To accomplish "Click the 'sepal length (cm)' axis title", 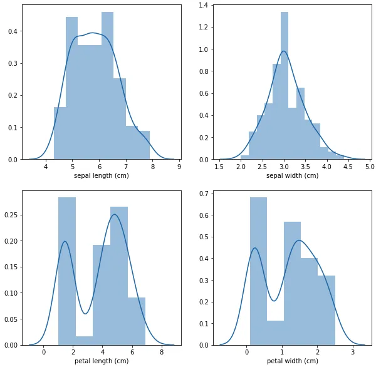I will click(x=100, y=175).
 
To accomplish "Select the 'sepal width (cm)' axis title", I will click(x=293, y=175).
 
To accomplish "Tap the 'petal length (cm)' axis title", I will click(x=100, y=361).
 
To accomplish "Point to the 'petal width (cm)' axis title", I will click(x=293, y=361).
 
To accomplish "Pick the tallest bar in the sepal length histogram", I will click(x=107, y=88).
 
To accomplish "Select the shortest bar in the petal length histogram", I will click(x=84, y=340).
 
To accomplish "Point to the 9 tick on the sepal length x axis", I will click(x=179, y=167).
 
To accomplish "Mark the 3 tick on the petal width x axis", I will click(x=353, y=353).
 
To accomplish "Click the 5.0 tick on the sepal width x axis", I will click(x=369, y=167).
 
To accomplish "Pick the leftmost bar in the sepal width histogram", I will click(x=244, y=157).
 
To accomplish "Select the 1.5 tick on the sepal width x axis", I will click(x=220, y=167).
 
